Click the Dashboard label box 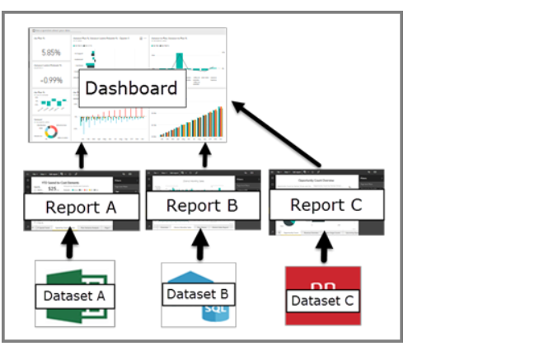(x=132, y=88)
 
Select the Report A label (x=80, y=207)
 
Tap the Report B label (x=202, y=205)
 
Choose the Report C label (x=326, y=205)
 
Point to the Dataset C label (x=322, y=301)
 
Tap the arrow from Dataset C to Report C (x=325, y=245)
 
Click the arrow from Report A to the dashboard (x=81, y=155)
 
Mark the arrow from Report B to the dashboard (x=205, y=155)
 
